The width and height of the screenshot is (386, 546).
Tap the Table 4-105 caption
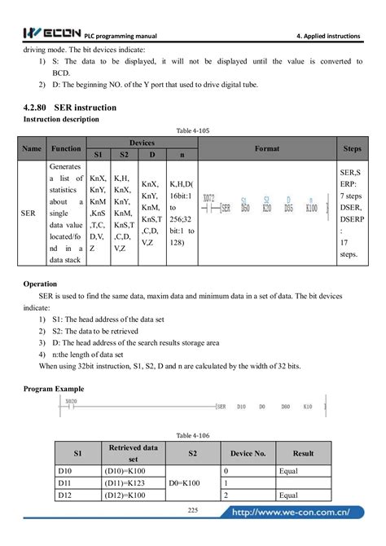(193, 131)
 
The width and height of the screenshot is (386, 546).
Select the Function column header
(66, 149)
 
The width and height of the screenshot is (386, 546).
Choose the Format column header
(266, 149)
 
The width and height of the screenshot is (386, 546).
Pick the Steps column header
(352, 149)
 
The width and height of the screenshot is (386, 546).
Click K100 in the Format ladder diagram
(311, 209)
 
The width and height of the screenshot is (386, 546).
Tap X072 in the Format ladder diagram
(209, 198)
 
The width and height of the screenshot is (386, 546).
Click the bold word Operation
(40, 284)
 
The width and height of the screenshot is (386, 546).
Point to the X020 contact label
(72, 402)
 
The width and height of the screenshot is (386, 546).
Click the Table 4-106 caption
(193, 436)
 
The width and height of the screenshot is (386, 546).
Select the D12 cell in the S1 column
(65, 495)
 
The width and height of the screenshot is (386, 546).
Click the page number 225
(193, 509)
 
